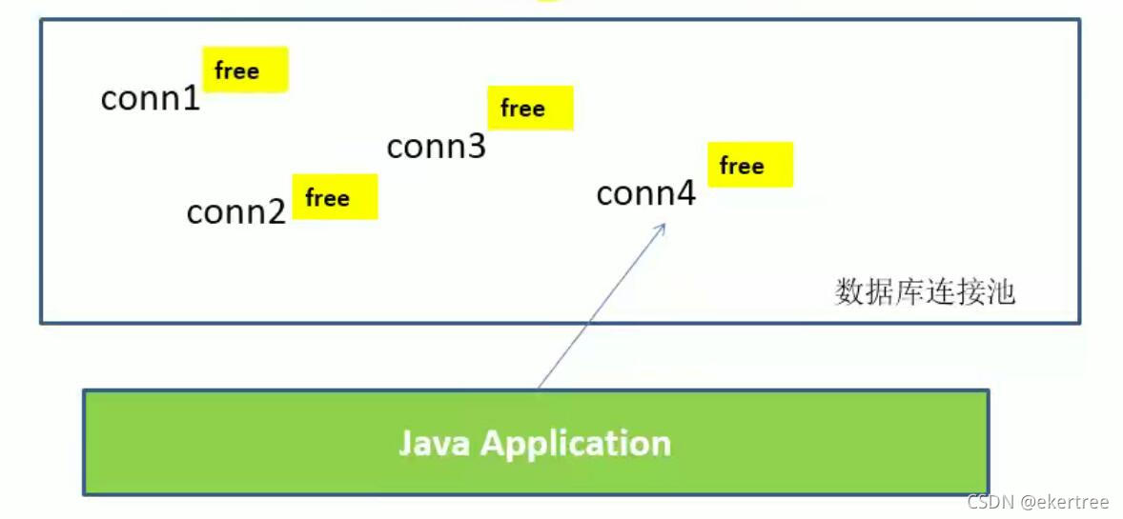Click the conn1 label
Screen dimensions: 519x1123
pyautogui.click(x=151, y=98)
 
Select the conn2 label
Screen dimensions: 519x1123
pyautogui.click(x=235, y=211)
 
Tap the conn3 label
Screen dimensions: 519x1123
pyautogui.click(x=436, y=147)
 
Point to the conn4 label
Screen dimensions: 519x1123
pyautogui.click(x=645, y=194)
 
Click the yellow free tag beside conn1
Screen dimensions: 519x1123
pyautogui.click(x=245, y=70)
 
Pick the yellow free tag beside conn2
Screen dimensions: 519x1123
pyautogui.click(x=335, y=197)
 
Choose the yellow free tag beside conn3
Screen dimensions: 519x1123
pyautogui.click(x=530, y=108)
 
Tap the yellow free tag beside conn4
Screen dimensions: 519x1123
pyautogui.click(x=750, y=165)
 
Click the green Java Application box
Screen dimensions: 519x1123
pyautogui.click(x=535, y=442)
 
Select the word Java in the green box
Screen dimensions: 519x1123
pyautogui.click(x=435, y=443)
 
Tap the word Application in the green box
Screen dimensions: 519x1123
pyautogui.click(x=576, y=444)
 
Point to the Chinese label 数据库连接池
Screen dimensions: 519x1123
pyautogui.click(x=925, y=291)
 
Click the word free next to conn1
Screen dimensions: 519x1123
pyautogui.click(x=236, y=70)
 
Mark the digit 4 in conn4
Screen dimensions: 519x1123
pyautogui.click(x=686, y=194)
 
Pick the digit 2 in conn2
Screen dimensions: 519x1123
pyautogui.click(x=276, y=211)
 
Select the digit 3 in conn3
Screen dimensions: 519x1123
pyautogui.click(x=477, y=147)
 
